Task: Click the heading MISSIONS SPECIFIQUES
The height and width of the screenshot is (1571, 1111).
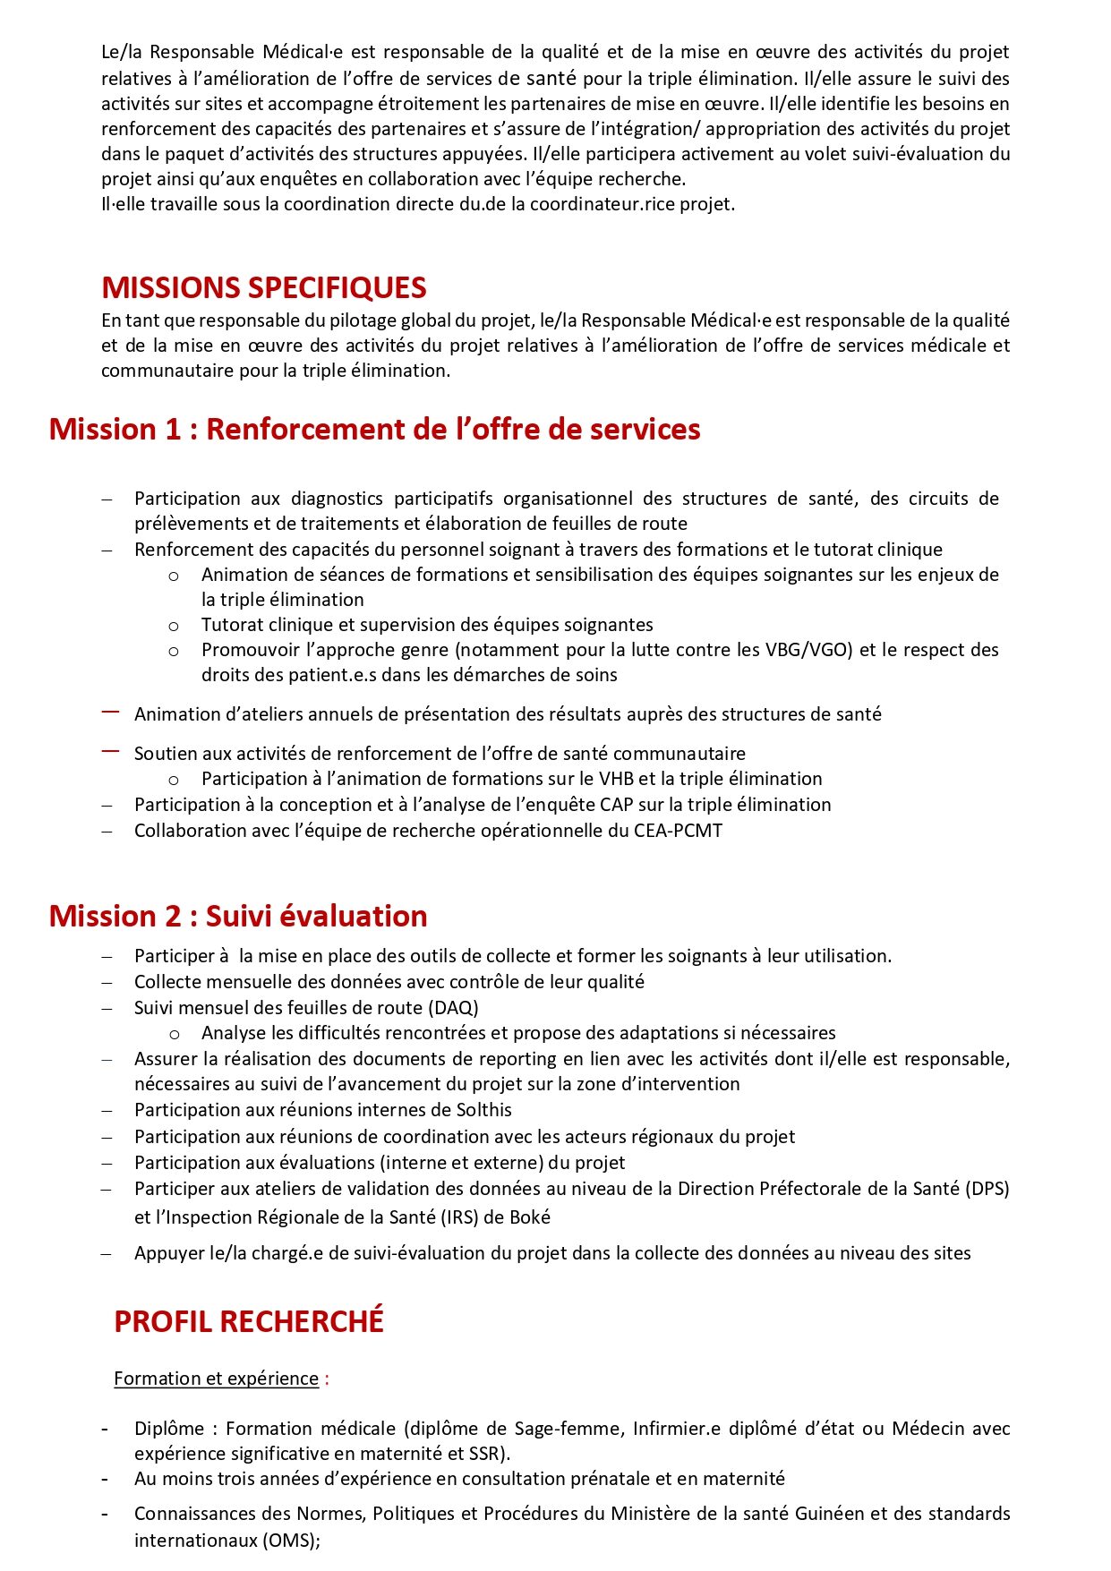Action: [264, 288]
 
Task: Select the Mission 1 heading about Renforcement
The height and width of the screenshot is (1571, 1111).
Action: [374, 430]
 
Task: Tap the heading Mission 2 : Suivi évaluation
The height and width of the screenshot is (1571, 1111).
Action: [238, 917]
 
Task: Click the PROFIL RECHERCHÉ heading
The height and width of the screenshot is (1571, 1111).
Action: [249, 1322]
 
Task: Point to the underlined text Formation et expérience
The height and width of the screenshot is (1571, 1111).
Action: [216, 1379]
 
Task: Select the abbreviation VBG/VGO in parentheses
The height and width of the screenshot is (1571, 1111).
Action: [803, 650]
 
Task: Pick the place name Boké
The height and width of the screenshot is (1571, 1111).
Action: [530, 1217]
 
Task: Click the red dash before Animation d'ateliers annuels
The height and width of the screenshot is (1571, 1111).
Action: [110, 713]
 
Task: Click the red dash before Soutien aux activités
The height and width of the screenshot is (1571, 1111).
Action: [110, 752]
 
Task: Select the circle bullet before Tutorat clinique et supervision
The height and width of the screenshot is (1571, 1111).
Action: [174, 626]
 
